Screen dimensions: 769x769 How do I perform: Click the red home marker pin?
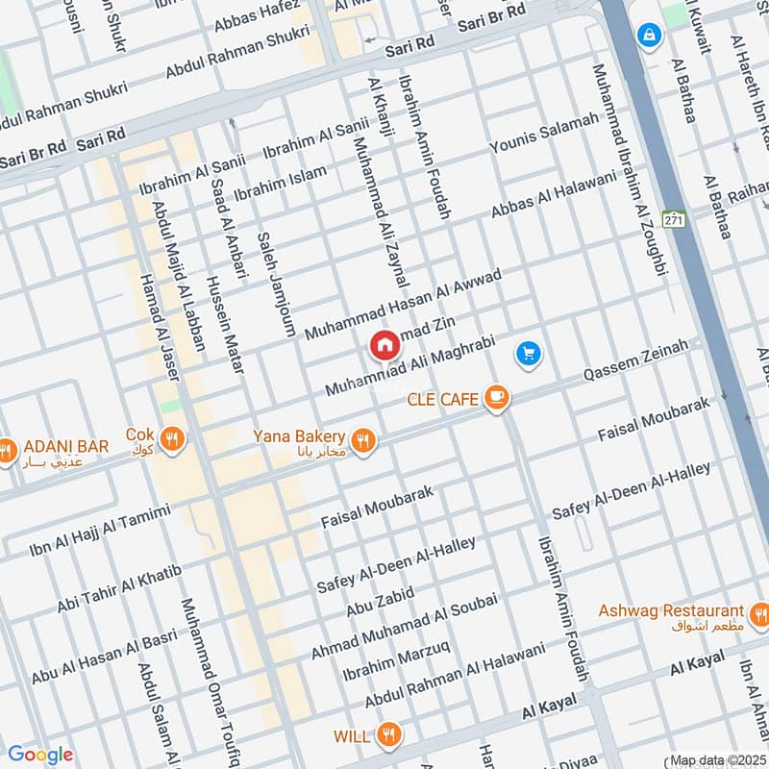[x=384, y=345]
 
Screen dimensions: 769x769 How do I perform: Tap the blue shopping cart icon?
[x=527, y=355]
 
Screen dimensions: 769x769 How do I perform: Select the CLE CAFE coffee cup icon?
[x=496, y=397]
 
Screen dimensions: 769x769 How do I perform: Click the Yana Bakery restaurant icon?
[x=362, y=439]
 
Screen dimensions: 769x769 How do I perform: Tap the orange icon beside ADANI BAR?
[x=8, y=449]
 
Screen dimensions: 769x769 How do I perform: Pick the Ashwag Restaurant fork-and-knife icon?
[x=759, y=612]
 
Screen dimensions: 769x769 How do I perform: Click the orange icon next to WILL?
[x=387, y=735]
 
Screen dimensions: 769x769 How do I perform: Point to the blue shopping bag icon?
[x=651, y=37]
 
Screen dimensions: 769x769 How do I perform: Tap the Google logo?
[x=39, y=755]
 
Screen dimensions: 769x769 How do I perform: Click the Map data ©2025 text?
[x=717, y=760]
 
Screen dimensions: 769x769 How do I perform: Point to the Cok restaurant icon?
[x=173, y=439]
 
